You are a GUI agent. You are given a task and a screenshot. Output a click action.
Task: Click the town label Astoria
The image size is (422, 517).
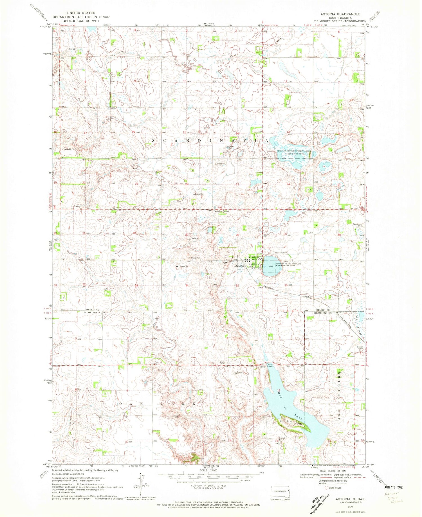pos(239,266)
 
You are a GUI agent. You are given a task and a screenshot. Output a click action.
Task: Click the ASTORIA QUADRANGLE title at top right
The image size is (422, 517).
pos(344,14)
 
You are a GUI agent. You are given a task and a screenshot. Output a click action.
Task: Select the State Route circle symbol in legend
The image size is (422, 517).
pos(327,487)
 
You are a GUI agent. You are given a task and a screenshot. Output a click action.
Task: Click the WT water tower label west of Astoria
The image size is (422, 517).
pos(225,263)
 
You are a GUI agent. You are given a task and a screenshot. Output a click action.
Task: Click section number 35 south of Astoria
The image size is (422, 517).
pos(238,286)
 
